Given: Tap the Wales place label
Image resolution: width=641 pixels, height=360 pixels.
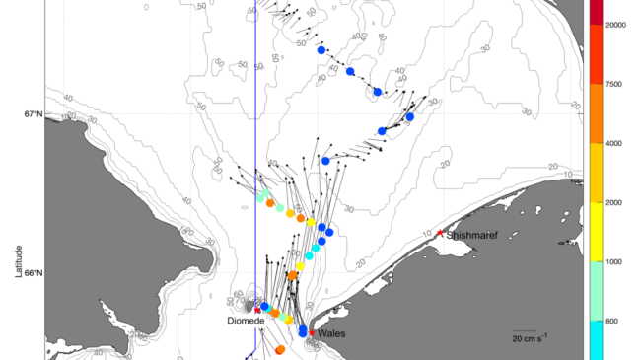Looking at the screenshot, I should coord(330,333).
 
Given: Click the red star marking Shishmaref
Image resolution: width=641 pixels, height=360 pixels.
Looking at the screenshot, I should coord(440,233).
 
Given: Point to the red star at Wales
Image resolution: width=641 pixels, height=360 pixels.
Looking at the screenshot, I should coord(312,332).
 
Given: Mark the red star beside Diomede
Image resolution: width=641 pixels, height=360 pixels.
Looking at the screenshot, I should coord(257,310).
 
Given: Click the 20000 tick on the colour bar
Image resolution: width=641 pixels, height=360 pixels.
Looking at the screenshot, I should coord(616,25).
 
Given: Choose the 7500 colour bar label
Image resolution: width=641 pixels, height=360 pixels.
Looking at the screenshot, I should coord(613,84).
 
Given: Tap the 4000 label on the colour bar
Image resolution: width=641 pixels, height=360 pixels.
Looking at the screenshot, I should coord(613,143).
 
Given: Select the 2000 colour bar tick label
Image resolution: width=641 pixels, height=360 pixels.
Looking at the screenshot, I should coord(613,203).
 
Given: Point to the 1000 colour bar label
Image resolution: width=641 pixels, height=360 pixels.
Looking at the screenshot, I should coord(613,262).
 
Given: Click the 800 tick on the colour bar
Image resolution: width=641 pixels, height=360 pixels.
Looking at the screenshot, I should coord(611,322).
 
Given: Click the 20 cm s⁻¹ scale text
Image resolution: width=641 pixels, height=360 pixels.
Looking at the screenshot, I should coord(529,338).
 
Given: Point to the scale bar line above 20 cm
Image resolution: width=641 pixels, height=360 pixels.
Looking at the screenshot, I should coord(526,330).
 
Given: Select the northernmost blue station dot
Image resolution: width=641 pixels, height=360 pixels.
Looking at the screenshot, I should coord(320,49).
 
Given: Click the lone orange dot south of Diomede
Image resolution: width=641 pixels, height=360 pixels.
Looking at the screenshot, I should coord(280,349).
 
